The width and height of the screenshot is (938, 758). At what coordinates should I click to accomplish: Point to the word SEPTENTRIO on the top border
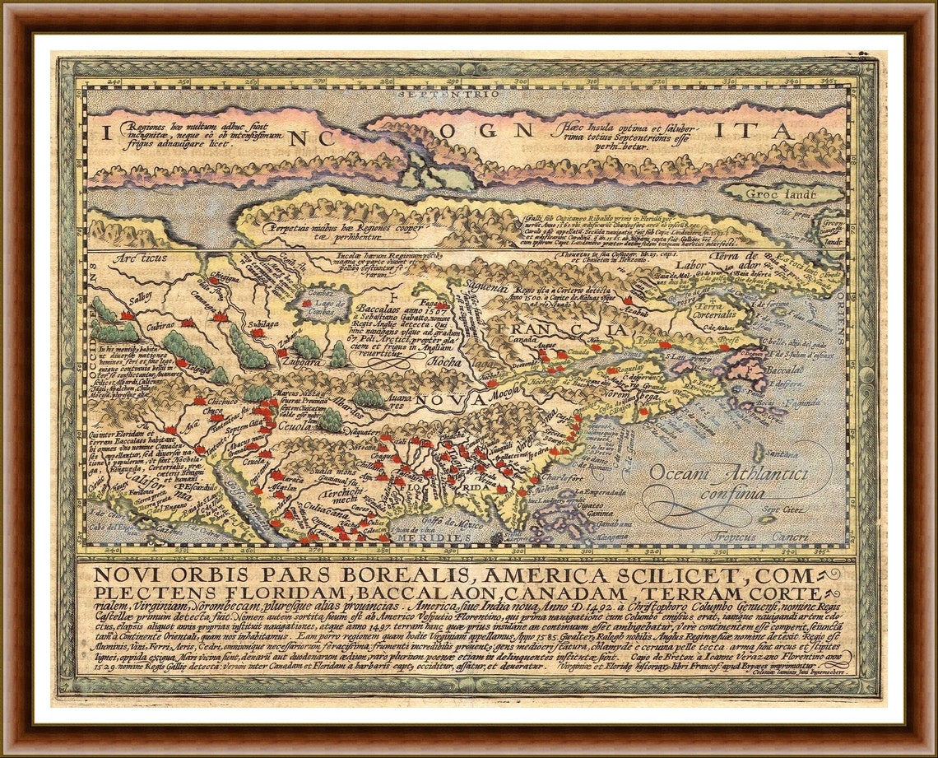coord(470,94)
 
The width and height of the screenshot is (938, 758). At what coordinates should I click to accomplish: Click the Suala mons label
coord(330,471)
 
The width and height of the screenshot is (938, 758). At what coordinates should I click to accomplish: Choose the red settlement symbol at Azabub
coord(628,301)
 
